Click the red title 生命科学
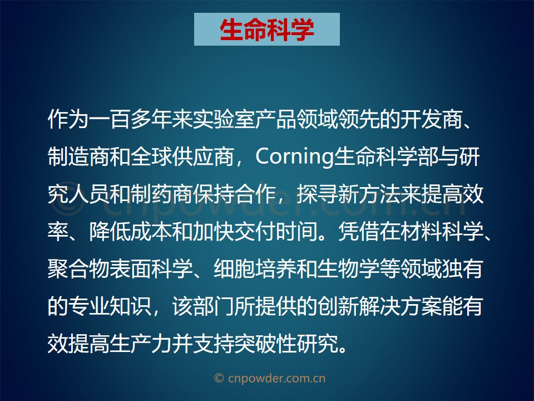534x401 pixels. tap(266, 30)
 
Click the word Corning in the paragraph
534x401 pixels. tap(295, 157)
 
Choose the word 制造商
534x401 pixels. tap(78, 157)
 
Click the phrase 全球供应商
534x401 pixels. tap(182, 157)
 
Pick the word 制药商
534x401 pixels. tap(161, 194)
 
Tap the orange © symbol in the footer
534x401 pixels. tap(219, 378)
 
